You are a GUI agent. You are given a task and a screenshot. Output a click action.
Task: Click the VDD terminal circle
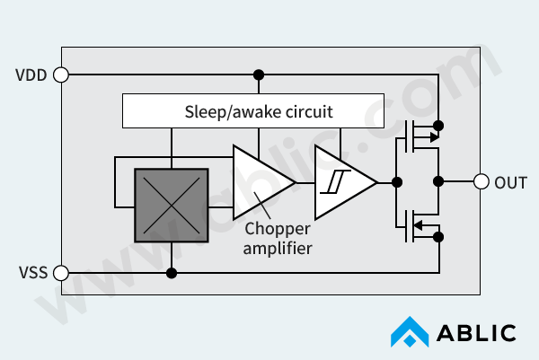61,75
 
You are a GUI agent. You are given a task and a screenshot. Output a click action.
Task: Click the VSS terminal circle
61,273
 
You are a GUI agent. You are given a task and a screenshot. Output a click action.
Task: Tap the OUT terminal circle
481,181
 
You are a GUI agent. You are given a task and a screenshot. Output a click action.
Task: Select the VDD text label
31,75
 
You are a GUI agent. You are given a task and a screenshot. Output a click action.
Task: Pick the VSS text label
31,273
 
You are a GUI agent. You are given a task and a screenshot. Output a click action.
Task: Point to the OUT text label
511,182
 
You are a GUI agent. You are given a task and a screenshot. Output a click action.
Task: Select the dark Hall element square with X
171,206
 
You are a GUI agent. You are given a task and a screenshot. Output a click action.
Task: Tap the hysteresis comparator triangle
342,181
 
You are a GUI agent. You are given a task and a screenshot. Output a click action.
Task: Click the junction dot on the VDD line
259,75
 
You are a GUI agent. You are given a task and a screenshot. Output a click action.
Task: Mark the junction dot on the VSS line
171,273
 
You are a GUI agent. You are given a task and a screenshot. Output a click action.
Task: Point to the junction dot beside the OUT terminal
438,181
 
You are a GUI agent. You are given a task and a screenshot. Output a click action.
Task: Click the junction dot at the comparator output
396,181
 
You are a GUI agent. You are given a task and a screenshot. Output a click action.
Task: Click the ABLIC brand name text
476,333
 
